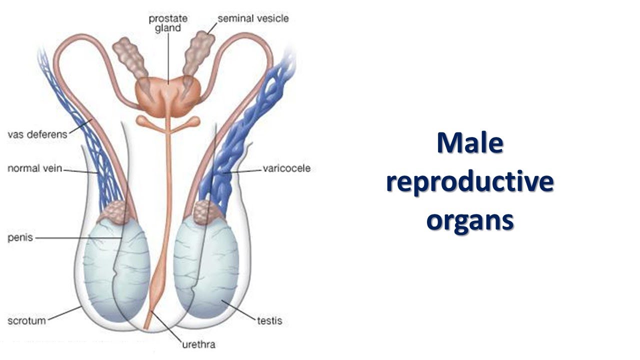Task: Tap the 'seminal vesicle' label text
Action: [252, 18]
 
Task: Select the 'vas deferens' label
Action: [37, 134]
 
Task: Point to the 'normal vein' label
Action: [34, 168]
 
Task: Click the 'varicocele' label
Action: [286, 168]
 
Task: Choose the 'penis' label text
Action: [20, 237]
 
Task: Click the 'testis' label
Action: [269, 319]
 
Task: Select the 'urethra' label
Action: [198, 344]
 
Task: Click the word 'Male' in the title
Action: [469, 143]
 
